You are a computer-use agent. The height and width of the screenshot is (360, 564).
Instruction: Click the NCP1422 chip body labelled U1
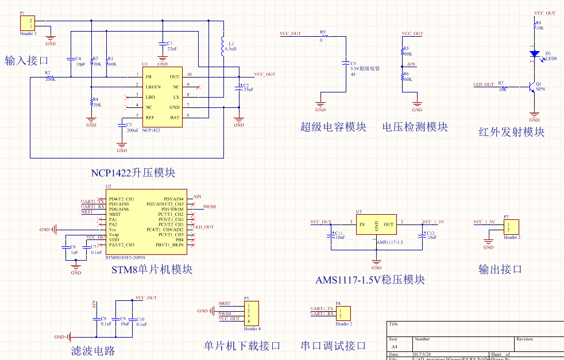click(163, 96)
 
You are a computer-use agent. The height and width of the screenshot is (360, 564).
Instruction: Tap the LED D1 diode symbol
click(535, 54)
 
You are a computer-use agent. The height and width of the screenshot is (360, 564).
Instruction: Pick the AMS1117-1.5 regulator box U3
click(376, 225)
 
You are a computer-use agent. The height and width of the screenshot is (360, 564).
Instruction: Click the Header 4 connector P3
click(251, 313)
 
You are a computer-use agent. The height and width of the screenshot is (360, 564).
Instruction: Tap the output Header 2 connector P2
click(511, 227)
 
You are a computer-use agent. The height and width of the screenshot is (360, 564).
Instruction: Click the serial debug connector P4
click(342, 313)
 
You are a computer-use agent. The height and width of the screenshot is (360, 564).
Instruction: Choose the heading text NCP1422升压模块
click(133, 172)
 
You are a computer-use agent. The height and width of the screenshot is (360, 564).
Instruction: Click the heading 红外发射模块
click(511, 132)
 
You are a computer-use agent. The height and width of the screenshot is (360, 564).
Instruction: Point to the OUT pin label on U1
click(175, 76)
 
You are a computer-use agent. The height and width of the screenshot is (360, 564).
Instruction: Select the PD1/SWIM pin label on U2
click(172, 209)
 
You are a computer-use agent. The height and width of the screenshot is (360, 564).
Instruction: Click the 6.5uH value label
click(231, 49)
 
